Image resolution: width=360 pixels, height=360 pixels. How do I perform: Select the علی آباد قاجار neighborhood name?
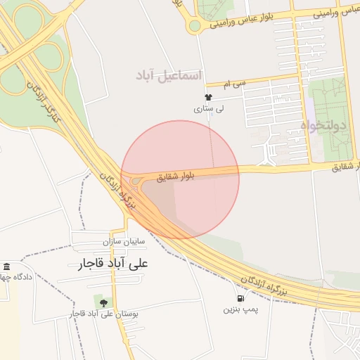pos(115,264)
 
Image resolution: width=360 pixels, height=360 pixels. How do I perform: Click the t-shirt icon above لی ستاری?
pos(208,97)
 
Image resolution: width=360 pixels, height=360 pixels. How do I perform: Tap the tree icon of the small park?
pos(104,303)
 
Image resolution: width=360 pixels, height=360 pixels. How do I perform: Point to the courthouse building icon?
pos(6,266)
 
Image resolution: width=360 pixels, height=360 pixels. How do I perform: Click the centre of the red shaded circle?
pos(180,179)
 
